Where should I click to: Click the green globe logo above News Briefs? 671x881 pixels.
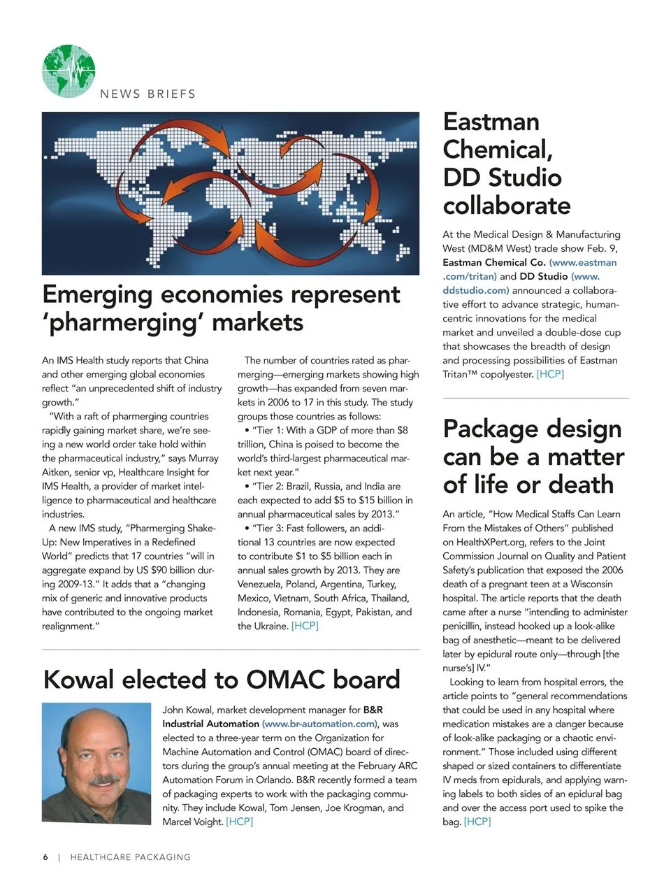coord(68,71)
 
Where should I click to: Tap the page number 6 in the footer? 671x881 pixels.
coord(45,857)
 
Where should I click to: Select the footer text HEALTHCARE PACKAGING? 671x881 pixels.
coord(131,857)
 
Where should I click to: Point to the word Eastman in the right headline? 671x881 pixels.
coord(491,122)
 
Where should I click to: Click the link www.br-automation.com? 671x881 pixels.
coord(319,724)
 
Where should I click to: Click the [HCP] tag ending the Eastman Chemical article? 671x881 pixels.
coord(550,374)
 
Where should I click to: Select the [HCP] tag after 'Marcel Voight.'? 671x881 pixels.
coord(239,822)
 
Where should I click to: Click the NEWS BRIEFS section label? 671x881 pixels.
coord(147,94)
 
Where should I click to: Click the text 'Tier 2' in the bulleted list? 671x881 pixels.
coord(268,486)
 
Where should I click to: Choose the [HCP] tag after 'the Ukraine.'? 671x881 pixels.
coord(305,626)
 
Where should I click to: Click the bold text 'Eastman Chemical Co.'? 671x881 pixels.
coord(494,262)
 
